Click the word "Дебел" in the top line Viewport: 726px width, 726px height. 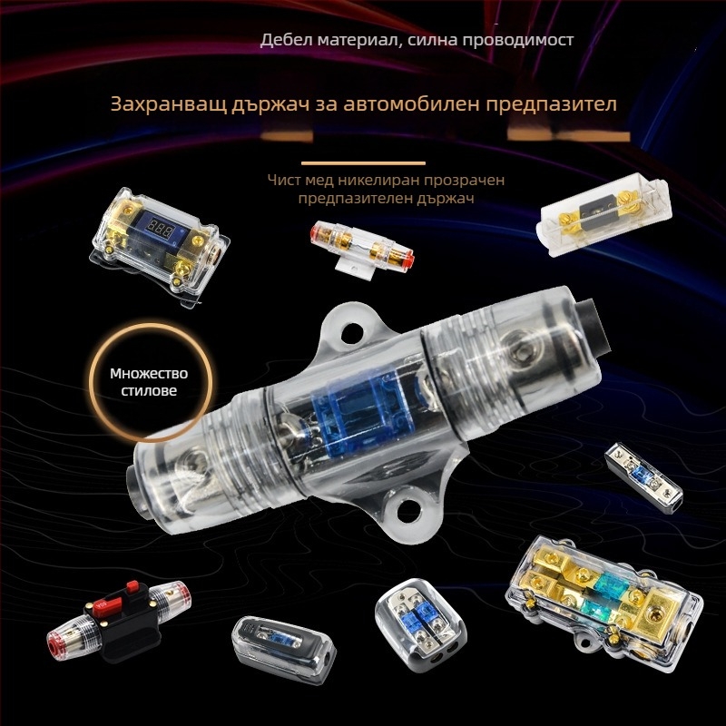click(284, 41)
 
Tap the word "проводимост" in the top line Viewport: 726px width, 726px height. click(526, 41)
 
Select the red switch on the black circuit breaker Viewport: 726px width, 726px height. click(113, 599)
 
